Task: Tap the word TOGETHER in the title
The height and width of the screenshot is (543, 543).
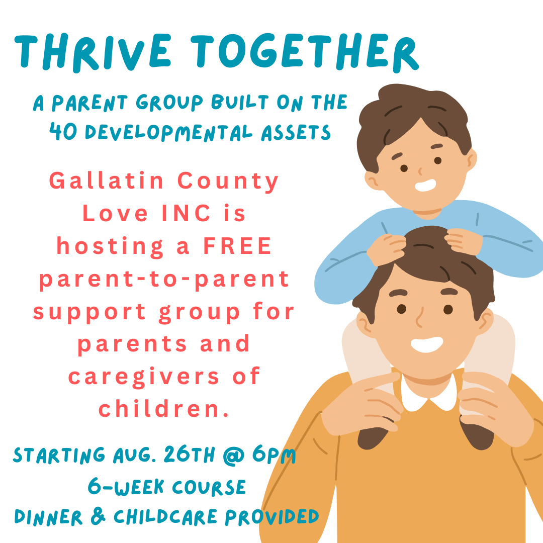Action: pyautogui.click(x=305, y=52)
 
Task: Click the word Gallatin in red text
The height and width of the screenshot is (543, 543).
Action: pyautogui.click(x=106, y=180)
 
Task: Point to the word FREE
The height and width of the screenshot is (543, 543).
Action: pyautogui.click(x=237, y=246)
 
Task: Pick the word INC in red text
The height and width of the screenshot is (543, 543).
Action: pyautogui.click(x=187, y=213)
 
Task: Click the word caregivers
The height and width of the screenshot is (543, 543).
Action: pyautogui.click(x=144, y=377)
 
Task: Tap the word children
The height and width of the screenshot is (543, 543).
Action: pyautogui.click(x=163, y=409)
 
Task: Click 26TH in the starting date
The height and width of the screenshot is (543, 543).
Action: pyautogui.click(x=190, y=454)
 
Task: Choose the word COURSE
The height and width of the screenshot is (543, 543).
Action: pyautogui.click(x=209, y=487)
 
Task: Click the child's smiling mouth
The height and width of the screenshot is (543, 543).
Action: pyautogui.click(x=425, y=185)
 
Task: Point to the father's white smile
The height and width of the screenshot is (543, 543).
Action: pyautogui.click(x=427, y=344)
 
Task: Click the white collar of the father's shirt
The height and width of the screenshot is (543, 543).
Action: pyautogui.click(x=429, y=395)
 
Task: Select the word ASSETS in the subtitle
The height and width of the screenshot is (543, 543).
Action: pyautogui.click(x=296, y=133)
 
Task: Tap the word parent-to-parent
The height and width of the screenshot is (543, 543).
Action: pyautogui.click(x=164, y=280)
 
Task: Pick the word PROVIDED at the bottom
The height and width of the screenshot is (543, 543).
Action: pyautogui.click(x=272, y=517)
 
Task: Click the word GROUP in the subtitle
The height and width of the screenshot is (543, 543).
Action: pyautogui.click(x=169, y=103)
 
